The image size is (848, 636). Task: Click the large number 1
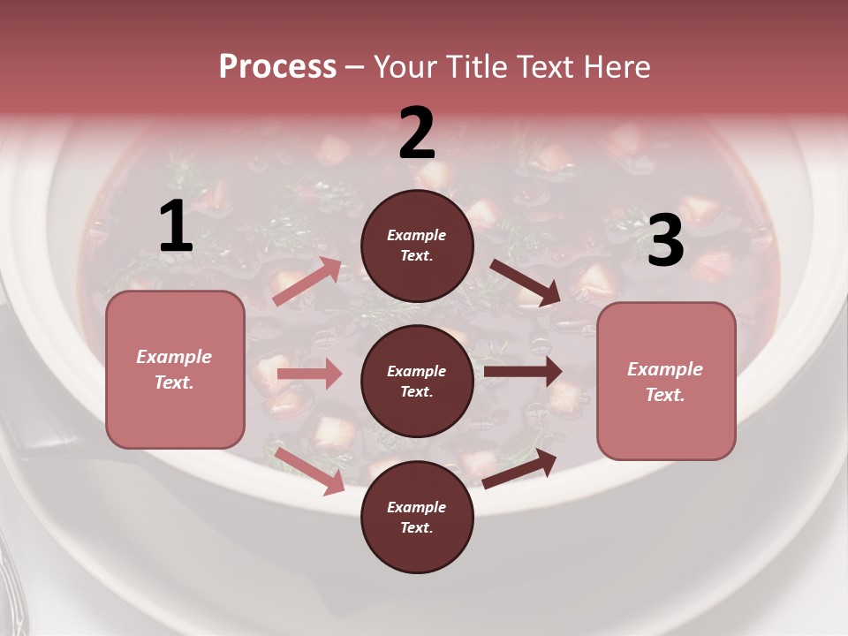coord(176,227)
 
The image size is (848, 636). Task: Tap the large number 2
coord(417,134)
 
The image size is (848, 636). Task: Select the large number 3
coord(665,241)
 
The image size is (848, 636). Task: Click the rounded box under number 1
coord(175,369)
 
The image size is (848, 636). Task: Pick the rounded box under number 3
coord(666,381)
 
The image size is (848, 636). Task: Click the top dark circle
coord(417,246)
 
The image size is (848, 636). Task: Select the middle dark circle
coord(417,381)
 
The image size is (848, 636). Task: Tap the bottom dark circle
coord(417,517)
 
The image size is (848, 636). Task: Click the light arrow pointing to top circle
coord(307,282)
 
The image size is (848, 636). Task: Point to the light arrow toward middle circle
coord(309,374)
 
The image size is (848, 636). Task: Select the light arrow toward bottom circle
coord(310,471)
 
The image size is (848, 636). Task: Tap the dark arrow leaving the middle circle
coord(523,371)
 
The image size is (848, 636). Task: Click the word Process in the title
coord(277,66)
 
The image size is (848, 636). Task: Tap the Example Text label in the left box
coord(174,369)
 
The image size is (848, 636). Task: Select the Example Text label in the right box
coord(665,382)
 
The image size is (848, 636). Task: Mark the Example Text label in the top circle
coord(417,246)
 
